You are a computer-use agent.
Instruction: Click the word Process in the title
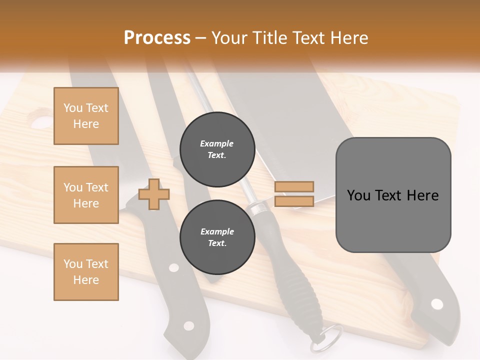(x=157, y=38)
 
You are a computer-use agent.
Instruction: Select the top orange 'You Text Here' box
(x=86, y=116)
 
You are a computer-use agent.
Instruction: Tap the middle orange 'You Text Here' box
(x=86, y=195)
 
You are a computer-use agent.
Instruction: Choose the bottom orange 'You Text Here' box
(x=86, y=272)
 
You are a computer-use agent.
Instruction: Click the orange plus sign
(x=154, y=195)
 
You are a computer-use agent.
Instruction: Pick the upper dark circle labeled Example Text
(x=217, y=149)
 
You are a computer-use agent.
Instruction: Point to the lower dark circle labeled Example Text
(x=217, y=237)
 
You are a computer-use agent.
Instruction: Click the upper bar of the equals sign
(x=294, y=186)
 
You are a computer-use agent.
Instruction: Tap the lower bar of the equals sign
(x=294, y=201)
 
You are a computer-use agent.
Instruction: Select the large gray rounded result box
(x=393, y=195)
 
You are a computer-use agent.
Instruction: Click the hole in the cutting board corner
(x=41, y=121)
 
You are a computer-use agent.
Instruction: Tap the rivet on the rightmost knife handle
(x=437, y=304)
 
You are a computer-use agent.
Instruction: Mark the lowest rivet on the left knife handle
(x=188, y=326)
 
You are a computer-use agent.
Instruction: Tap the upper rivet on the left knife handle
(x=173, y=267)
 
